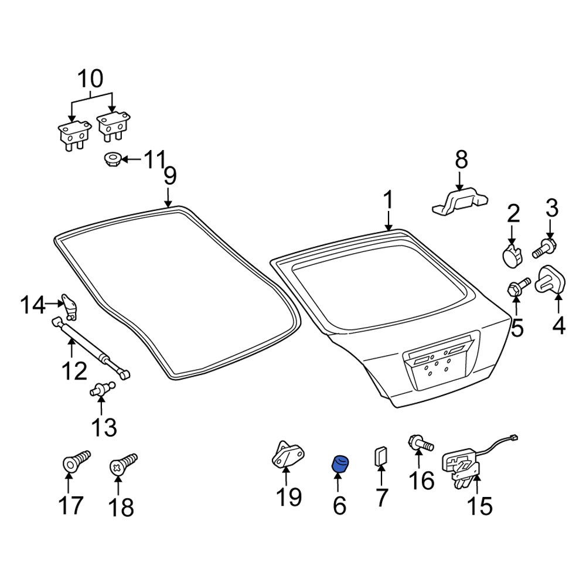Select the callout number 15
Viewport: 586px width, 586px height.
pos(480,506)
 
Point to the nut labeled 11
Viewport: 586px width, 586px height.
pos(111,160)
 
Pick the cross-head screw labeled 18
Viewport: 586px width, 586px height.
pos(123,465)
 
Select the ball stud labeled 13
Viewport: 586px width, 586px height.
pos(101,389)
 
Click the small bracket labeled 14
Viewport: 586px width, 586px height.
pos(70,306)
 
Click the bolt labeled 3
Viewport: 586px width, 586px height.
pos(544,248)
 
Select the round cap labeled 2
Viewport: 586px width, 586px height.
pos(511,255)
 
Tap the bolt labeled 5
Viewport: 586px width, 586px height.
pos(519,287)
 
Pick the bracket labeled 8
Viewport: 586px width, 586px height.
pos(461,202)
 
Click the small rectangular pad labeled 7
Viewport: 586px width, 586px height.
pos(381,456)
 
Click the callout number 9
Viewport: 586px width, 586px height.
pos(170,175)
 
